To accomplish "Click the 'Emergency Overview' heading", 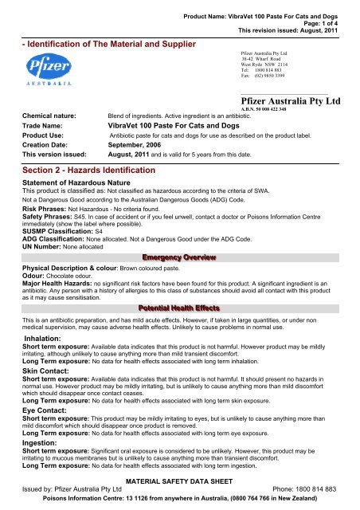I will (180, 235).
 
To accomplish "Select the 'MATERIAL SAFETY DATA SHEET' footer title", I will (183, 483).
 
